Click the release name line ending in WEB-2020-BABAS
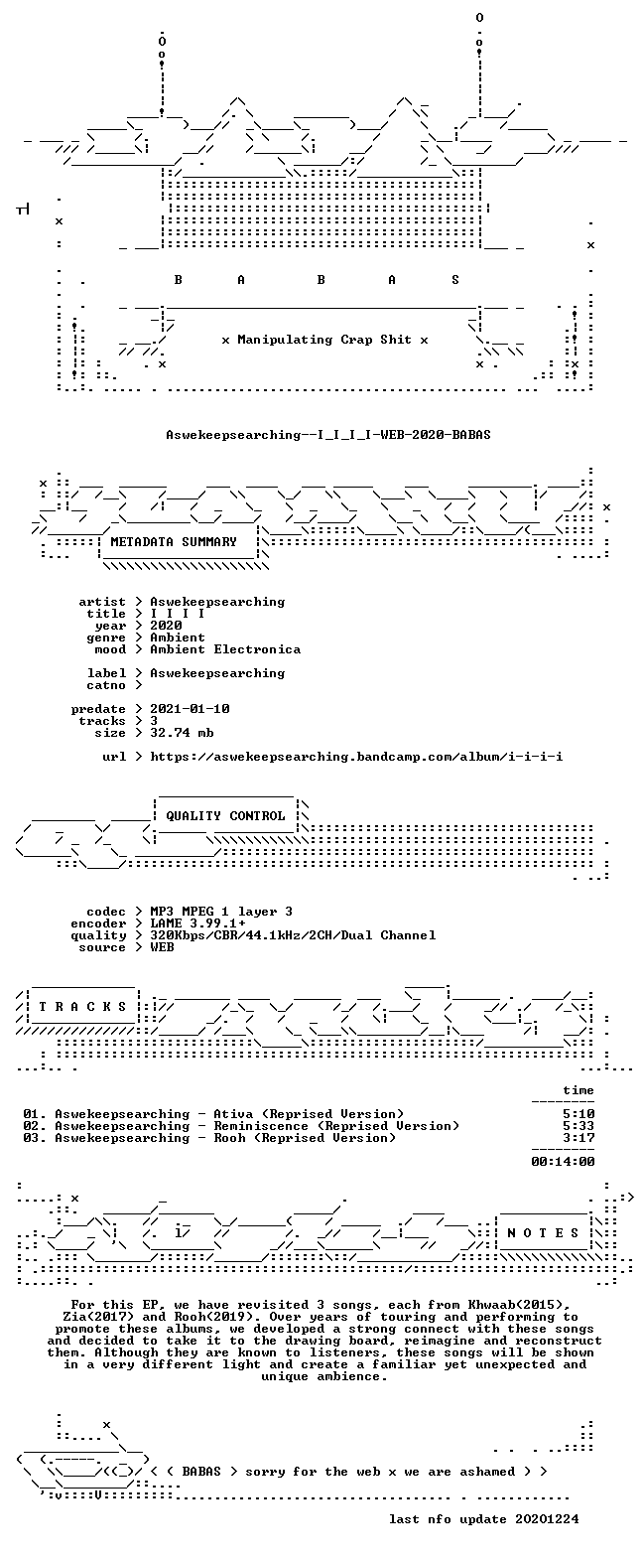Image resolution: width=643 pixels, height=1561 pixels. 328,435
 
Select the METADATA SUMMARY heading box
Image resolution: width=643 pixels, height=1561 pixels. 174,541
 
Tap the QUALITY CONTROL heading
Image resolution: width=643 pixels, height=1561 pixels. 225,816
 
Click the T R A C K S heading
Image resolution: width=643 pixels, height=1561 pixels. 82,1006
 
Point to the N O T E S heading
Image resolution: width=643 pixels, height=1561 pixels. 543,1232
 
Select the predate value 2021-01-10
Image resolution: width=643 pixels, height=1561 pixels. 190,709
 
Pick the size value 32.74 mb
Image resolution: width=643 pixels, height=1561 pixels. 182,733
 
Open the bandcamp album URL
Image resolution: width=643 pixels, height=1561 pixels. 356,757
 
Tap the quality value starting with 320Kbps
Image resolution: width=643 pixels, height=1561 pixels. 293,935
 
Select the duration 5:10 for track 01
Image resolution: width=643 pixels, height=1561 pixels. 579,1114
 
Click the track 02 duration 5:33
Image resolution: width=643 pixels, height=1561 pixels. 579,1126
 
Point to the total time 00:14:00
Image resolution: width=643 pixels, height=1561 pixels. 563,1162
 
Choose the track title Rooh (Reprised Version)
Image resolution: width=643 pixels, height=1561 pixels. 305,1138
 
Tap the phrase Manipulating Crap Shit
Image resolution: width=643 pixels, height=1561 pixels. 323,340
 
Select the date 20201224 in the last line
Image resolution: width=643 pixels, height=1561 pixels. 547,1519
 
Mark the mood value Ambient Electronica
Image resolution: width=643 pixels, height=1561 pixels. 225,649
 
